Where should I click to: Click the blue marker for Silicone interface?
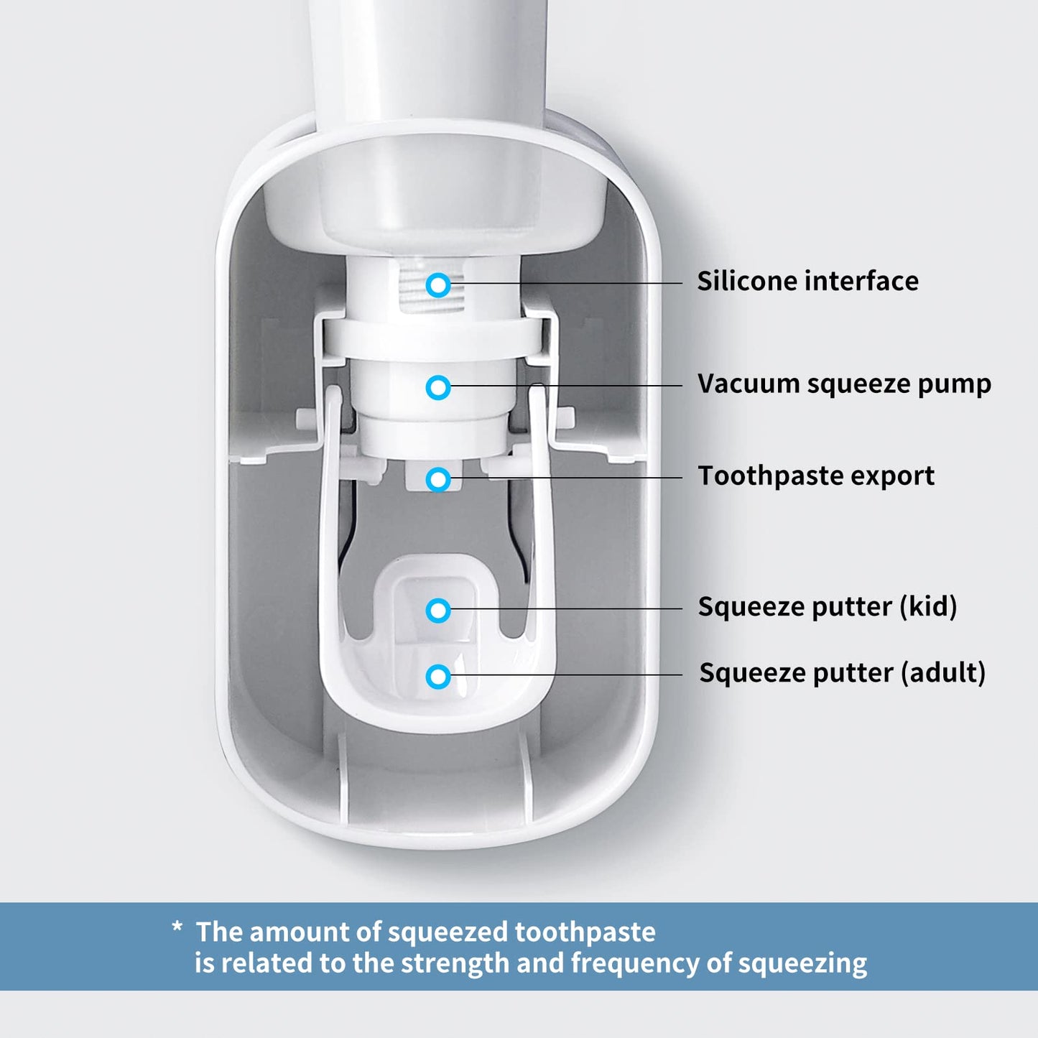pos(438,285)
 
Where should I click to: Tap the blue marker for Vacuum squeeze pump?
pos(438,387)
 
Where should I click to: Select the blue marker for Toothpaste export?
pos(438,479)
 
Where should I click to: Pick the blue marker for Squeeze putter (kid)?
pos(438,611)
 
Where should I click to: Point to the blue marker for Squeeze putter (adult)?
pos(438,676)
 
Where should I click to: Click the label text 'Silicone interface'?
pos(807,281)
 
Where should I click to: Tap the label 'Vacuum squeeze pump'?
pos(844,384)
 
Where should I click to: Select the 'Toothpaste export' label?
pos(816,476)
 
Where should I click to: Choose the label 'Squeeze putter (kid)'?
pos(828,606)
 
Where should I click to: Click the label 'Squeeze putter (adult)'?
pos(842,673)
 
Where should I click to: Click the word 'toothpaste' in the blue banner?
pos(585,932)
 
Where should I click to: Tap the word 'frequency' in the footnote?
pos(634,963)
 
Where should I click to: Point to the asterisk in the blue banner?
pos(177,928)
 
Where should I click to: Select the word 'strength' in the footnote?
pos(454,963)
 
